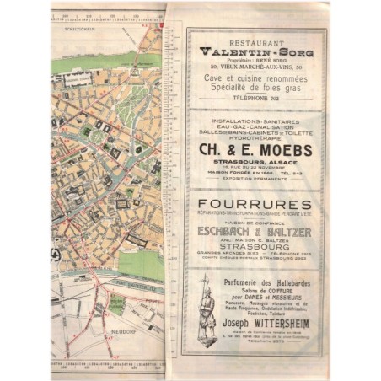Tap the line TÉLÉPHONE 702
point(253,97)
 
